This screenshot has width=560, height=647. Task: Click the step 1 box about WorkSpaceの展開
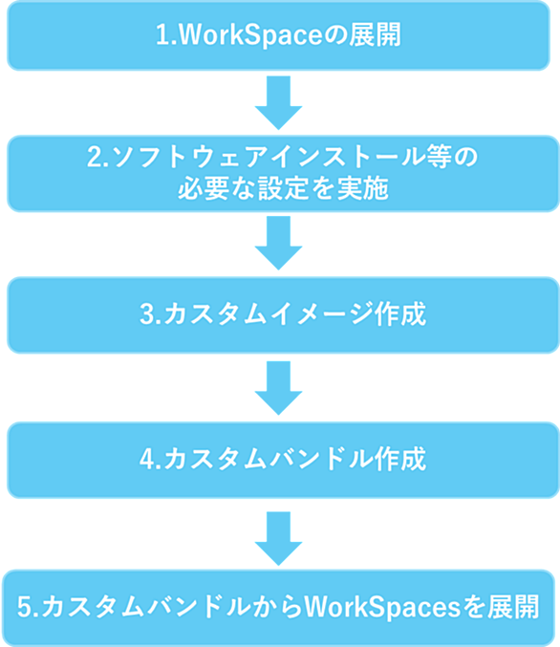point(278,35)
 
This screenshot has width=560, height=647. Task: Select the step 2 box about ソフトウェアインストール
point(283,173)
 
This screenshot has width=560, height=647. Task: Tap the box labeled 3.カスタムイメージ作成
point(283,314)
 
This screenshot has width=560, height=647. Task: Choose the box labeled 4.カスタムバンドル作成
point(283,460)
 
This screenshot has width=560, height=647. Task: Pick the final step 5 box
point(278,608)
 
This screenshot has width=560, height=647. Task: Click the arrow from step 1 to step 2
point(278,103)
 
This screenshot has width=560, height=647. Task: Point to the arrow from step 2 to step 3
point(278,243)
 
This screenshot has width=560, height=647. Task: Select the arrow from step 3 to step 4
point(278,388)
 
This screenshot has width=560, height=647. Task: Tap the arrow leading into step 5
point(278,538)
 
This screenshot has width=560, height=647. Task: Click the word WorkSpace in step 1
point(250,35)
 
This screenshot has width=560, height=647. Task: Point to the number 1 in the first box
point(162,35)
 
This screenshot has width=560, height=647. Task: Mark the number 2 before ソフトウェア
point(94,158)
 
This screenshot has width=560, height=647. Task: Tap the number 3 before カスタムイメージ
point(147,314)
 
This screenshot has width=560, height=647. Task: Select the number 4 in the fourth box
point(147,460)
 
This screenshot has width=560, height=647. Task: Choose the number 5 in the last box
point(24,607)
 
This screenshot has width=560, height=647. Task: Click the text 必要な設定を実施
point(283,189)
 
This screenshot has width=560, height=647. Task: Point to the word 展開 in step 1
point(375,35)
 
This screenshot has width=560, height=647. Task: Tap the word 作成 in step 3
point(399,314)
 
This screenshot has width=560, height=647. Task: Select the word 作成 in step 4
point(399,460)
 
